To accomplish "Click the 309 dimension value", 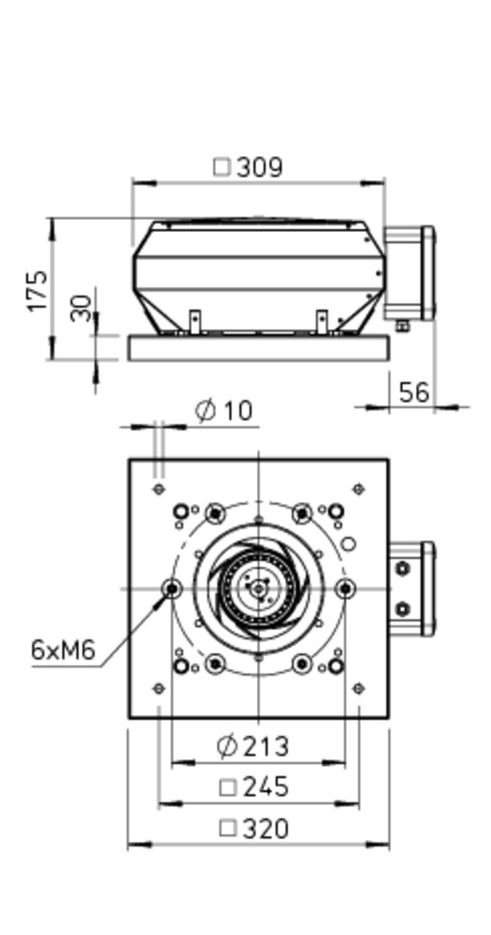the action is click(x=259, y=167).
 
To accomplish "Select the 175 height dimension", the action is click(x=37, y=291).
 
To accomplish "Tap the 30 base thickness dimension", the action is click(x=81, y=308).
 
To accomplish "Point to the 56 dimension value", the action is click(x=414, y=393).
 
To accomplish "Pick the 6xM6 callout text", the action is click(x=64, y=650).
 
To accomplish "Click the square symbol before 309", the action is click(x=222, y=167).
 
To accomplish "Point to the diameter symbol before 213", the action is click(x=226, y=746).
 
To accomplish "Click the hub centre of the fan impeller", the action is click(x=258, y=588).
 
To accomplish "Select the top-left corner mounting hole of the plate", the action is click(x=159, y=489).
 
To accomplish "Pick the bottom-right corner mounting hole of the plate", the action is click(x=358, y=688).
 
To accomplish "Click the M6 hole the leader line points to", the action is click(x=172, y=589).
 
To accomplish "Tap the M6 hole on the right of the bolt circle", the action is click(x=345, y=589).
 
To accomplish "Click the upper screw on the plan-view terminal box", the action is click(x=403, y=568).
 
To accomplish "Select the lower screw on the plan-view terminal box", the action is click(x=403, y=610).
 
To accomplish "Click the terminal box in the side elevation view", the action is click(x=410, y=274).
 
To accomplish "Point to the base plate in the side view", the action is click(x=259, y=348).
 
